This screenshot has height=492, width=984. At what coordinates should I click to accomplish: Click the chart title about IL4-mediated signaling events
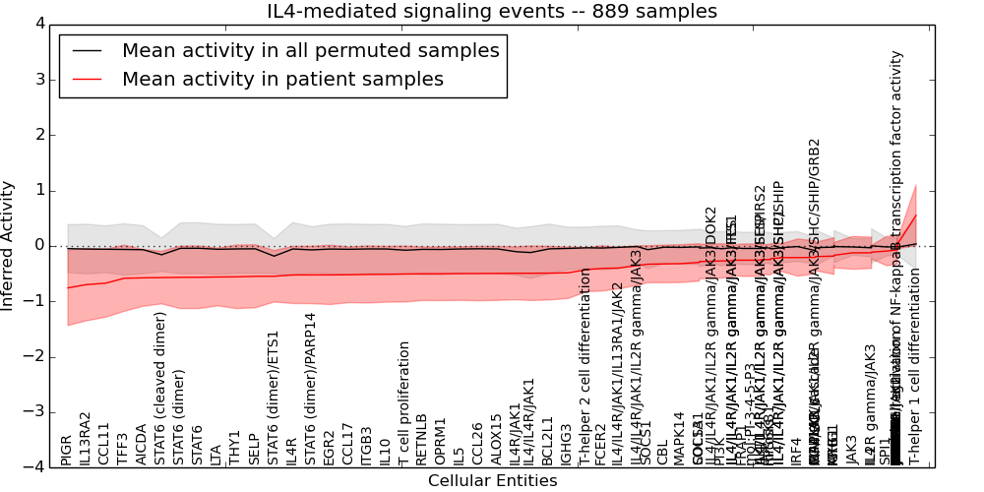click(492, 12)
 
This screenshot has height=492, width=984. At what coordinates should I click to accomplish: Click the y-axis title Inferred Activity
click(9, 245)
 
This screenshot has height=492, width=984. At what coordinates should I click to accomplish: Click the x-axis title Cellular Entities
click(492, 481)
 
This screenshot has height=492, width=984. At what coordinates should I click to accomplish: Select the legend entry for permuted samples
click(310, 50)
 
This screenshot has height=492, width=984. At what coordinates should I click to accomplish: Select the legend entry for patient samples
click(282, 79)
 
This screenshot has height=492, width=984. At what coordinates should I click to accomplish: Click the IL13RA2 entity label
click(86, 439)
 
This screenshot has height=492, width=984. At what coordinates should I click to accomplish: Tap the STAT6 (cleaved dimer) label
click(160, 388)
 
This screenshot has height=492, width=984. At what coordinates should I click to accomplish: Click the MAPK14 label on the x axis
click(679, 439)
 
